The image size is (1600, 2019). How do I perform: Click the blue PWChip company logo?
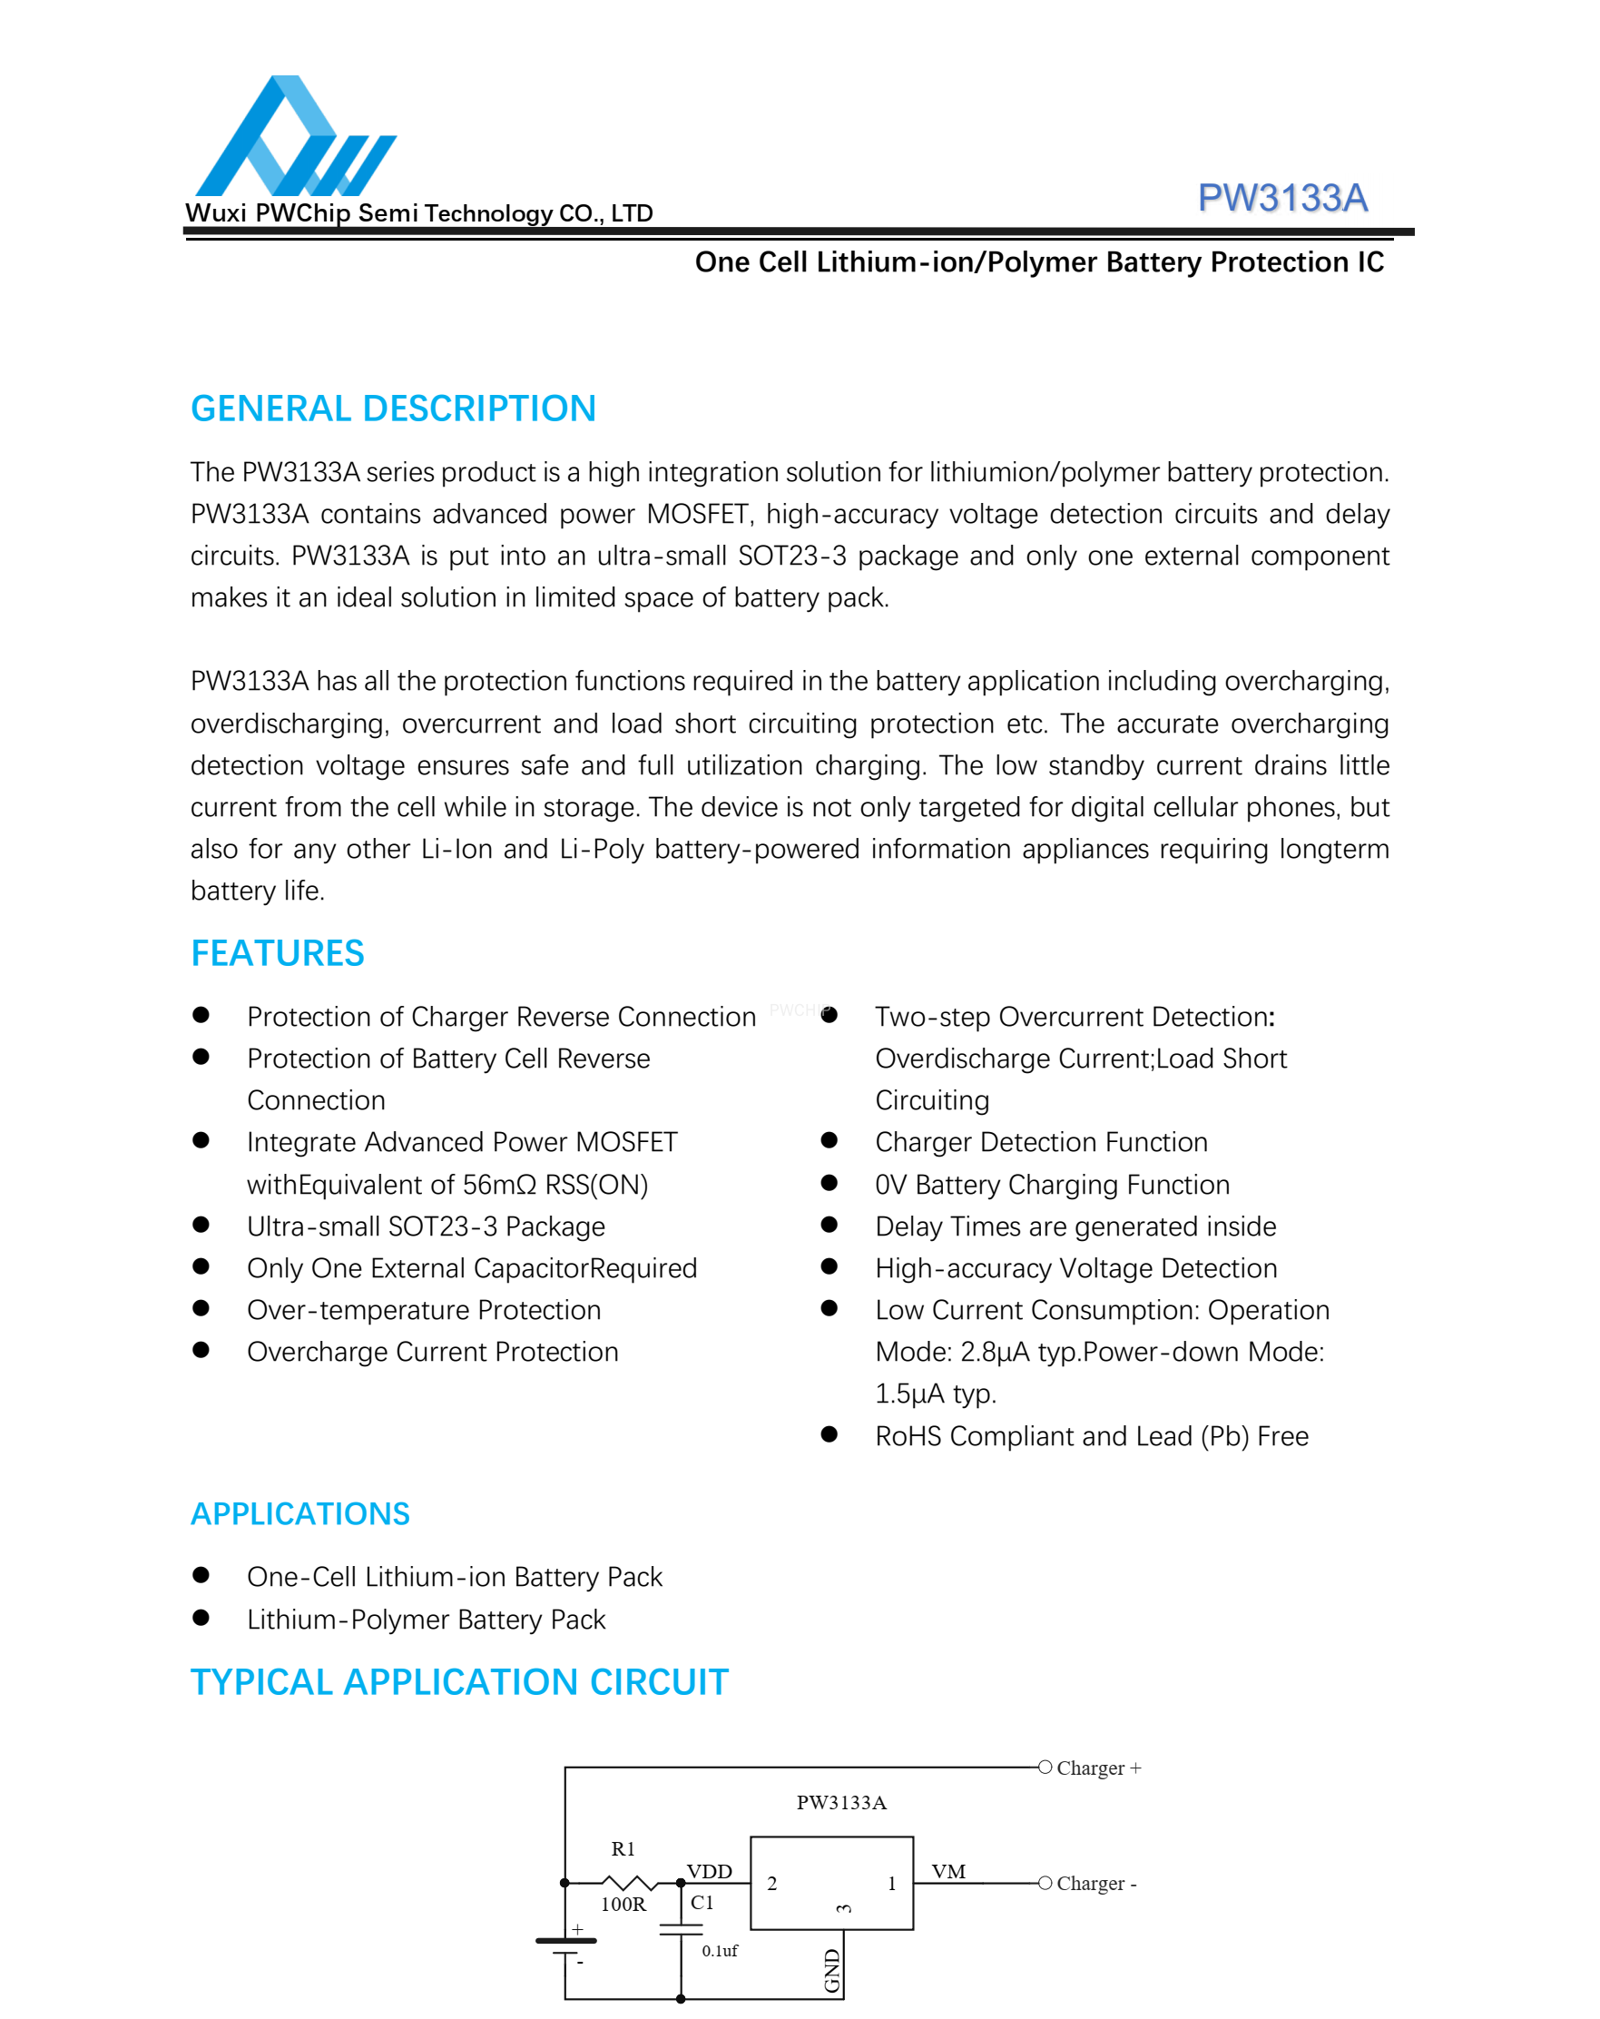click(x=294, y=137)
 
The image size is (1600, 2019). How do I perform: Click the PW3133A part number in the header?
click(x=1281, y=199)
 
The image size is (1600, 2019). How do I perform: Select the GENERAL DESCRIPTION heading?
click(x=393, y=409)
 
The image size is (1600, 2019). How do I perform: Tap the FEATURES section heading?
click(x=277, y=953)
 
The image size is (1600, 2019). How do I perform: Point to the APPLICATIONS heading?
click(x=299, y=1513)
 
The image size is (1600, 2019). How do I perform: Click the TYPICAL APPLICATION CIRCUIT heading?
click(x=458, y=1682)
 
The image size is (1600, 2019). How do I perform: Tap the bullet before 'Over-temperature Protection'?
click(x=201, y=1308)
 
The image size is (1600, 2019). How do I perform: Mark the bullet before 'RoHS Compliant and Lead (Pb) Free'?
click(x=829, y=1434)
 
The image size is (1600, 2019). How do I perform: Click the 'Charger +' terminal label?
click(x=1098, y=1768)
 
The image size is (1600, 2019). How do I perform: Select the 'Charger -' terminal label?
click(x=1095, y=1883)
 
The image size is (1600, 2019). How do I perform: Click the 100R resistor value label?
click(x=623, y=1904)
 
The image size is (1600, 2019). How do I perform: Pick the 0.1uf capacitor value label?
click(x=719, y=1951)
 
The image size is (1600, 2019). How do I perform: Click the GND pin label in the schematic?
click(x=832, y=1970)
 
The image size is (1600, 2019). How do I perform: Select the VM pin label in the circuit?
click(x=947, y=1871)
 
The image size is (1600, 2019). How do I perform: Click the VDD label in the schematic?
click(x=709, y=1871)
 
